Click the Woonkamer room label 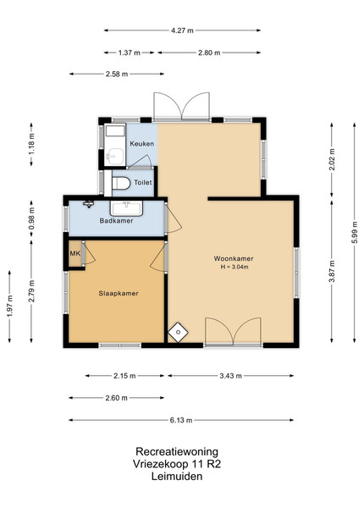point(233,258)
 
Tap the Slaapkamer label point(119,294)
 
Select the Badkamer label point(116,221)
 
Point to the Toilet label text point(143,182)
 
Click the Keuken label point(142,144)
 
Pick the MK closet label point(75,253)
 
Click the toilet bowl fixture point(120,183)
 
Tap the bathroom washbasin point(126,208)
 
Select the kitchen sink point(115,156)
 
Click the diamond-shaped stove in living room point(178,332)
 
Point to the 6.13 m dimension point(181,420)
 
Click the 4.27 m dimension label point(182,30)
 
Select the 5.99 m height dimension point(355,233)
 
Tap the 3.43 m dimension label point(230,376)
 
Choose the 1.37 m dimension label point(130,52)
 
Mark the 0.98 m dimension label point(31,218)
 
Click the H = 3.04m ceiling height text point(234,268)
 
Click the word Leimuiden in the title point(177,476)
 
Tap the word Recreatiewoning point(177,451)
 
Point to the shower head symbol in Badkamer point(88,204)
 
